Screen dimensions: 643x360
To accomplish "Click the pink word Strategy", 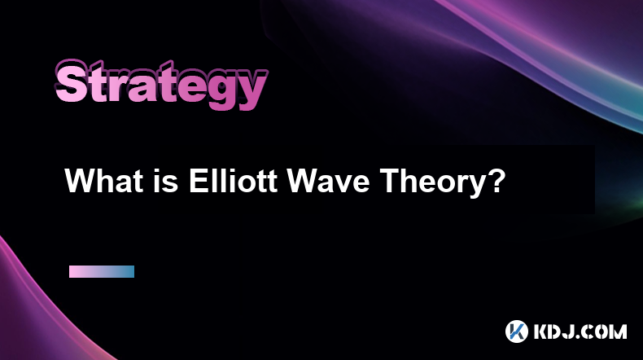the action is click(x=161, y=85).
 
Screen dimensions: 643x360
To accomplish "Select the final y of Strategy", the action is click(x=252, y=90).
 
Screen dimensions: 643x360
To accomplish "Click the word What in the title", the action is click(x=103, y=181).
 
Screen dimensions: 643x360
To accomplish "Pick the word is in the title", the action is click(x=167, y=181).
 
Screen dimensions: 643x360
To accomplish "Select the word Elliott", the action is click(x=233, y=181).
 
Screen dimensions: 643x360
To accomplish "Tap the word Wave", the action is click(x=328, y=181).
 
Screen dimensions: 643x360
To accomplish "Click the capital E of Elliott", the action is click(x=198, y=181).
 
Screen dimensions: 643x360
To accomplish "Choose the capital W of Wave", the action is click(x=303, y=181).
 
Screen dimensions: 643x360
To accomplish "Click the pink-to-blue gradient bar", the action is click(x=102, y=271).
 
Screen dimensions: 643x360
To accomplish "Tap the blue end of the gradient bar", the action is click(x=130, y=271).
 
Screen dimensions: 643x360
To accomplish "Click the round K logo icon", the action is click(x=517, y=331).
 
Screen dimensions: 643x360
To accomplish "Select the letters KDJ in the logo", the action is click(x=552, y=331).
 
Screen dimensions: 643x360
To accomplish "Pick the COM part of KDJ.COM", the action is click(x=602, y=331).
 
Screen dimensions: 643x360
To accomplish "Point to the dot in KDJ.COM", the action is click(x=574, y=336).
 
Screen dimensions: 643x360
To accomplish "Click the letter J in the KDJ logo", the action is click(x=566, y=331).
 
